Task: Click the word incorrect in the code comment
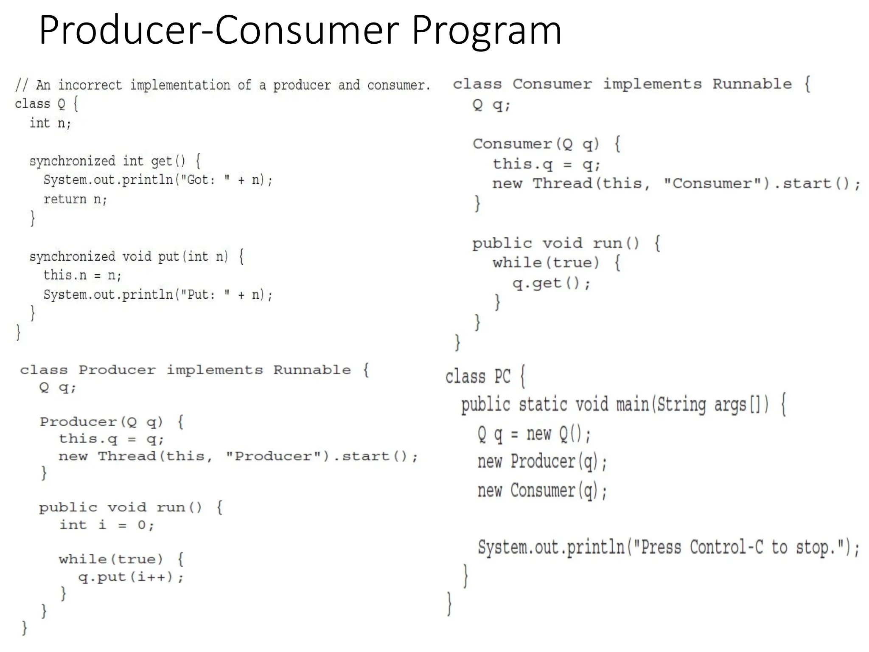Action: (90, 85)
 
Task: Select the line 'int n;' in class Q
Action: (50, 124)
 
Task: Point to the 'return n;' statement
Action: (75, 199)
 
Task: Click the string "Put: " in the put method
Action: (205, 295)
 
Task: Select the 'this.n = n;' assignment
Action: (82, 275)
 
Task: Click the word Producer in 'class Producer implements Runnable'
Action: (117, 370)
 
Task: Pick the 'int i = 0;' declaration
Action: (107, 525)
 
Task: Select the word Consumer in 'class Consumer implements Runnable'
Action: (552, 84)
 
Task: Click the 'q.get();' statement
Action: (551, 283)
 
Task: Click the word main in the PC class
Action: (632, 404)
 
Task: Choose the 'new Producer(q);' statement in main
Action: (542, 462)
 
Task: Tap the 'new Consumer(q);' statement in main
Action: (542, 491)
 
